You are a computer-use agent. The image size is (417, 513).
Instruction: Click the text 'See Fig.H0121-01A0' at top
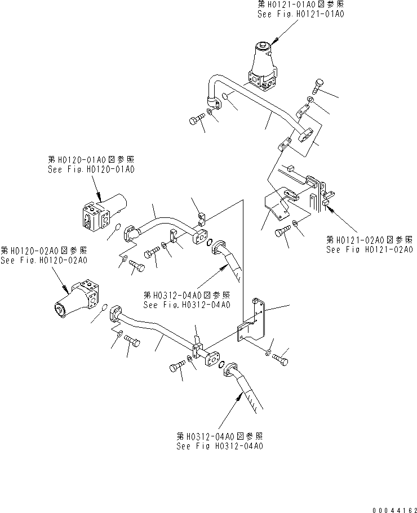point(299,14)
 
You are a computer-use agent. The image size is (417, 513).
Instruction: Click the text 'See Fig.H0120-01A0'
point(91,169)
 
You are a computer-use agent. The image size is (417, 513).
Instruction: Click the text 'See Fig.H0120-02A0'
point(44,260)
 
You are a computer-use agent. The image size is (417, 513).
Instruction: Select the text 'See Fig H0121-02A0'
point(369,249)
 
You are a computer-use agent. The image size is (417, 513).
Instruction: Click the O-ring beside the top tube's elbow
point(225,97)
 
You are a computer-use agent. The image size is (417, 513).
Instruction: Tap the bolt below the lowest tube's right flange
point(175,368)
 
